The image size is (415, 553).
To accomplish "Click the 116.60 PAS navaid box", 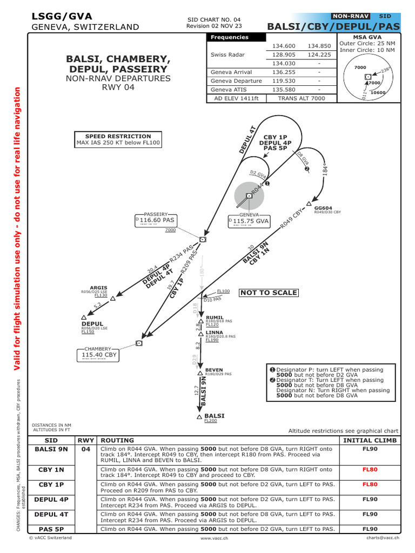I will [x=157, y=220].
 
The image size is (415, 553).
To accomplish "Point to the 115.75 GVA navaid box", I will [x=249, y=221].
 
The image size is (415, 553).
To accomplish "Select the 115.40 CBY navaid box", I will [x=97, y=355].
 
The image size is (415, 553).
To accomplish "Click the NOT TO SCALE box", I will [x=269, y=293].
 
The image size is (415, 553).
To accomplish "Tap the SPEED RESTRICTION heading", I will [x=118, y=136].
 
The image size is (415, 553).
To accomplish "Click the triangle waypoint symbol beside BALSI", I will [x=200, y=417].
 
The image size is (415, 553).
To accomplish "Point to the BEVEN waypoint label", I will [x=214, y=370].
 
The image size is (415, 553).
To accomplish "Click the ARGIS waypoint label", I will [x=98, y=288].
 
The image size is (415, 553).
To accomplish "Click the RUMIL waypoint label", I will [x=215, y=318].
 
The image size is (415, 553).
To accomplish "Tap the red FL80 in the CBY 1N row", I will [x=370, y=470].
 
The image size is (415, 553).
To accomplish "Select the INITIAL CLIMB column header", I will [x=370, y=440].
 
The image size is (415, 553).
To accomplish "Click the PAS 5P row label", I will [x=51, y=529].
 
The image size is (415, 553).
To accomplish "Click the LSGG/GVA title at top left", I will [x=62, y=16].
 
